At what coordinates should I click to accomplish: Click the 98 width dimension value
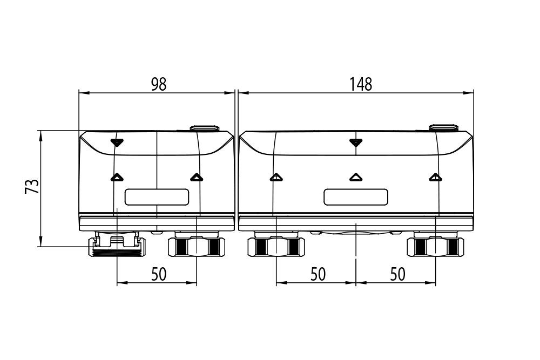158,84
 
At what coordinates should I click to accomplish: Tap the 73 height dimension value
32,187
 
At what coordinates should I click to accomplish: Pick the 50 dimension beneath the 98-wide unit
158,274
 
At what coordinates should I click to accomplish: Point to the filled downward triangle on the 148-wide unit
355,142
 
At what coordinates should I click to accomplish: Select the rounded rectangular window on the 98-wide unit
157,197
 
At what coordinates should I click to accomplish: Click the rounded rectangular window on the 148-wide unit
356,197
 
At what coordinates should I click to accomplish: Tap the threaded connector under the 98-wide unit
117,246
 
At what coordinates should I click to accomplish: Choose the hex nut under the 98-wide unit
197,247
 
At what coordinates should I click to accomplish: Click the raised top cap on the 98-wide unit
205,128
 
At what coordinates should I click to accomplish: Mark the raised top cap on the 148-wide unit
443,128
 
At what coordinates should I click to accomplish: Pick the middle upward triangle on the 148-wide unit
355,177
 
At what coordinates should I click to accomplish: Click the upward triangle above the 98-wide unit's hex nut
196,177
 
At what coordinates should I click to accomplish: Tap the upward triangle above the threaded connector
117,177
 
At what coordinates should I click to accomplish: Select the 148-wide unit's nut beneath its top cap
435,247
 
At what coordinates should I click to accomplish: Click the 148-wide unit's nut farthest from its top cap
276,247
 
